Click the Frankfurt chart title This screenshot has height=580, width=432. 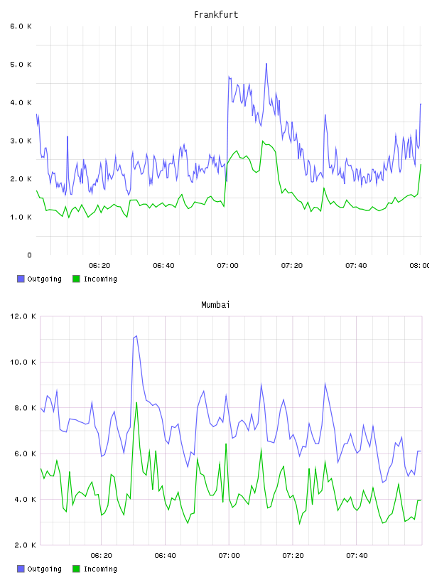tap(216, 15)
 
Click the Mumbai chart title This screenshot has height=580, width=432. tap(215, 305)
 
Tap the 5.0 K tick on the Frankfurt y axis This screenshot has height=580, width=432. tap(21, 65)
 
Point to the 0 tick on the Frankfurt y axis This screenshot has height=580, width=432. tap(29, 255)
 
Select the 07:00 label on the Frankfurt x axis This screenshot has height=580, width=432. tap(228, 265)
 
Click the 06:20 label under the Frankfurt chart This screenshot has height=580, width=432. tap(99, 265)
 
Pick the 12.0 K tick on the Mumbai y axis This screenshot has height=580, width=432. tap(23, 316)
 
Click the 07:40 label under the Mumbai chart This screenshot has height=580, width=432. tap(357, 555)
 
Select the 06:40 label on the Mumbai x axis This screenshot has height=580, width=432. tap(166, 555)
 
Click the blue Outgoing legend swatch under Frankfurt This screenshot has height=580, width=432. tap(21, 279)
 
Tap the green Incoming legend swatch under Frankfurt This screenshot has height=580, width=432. tap(76, 279)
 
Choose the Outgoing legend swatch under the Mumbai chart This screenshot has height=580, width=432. tap(21, 569)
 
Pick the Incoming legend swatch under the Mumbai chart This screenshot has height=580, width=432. tap(76, 569)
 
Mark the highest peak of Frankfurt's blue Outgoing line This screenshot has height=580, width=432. tap(266, 64)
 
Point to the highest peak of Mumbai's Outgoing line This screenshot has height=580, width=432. tap(136, 336)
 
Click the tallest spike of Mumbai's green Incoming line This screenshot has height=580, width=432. tap(136, 402)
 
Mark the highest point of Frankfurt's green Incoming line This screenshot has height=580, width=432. tap(263, 141)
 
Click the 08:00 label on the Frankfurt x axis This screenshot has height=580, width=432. tap(420, 265)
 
